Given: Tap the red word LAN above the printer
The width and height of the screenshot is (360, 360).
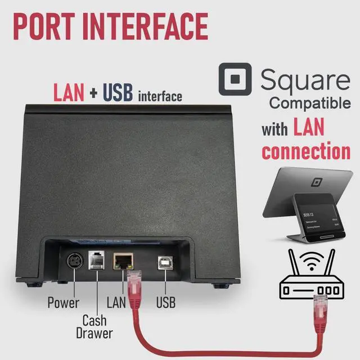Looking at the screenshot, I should pyautogui.click(x=69, y=93).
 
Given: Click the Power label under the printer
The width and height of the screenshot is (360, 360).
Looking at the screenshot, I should pyautogui.click(x=63, y=303).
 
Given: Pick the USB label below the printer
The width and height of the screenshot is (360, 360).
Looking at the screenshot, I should pyautogui.click(x=165, y=303).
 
